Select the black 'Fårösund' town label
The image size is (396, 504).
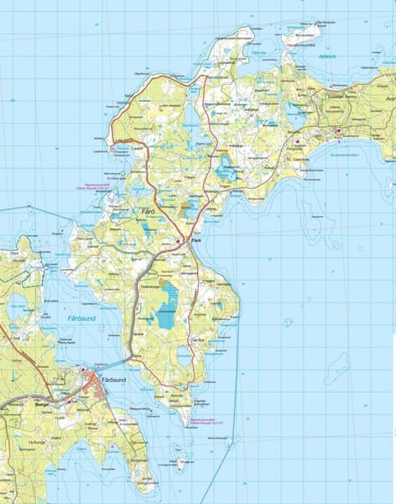tap(112, 380)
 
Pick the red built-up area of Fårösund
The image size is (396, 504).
tap(91, 383)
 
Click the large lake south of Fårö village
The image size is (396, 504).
tap(167, 306)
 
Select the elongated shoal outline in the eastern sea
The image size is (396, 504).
tap(338, 366)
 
